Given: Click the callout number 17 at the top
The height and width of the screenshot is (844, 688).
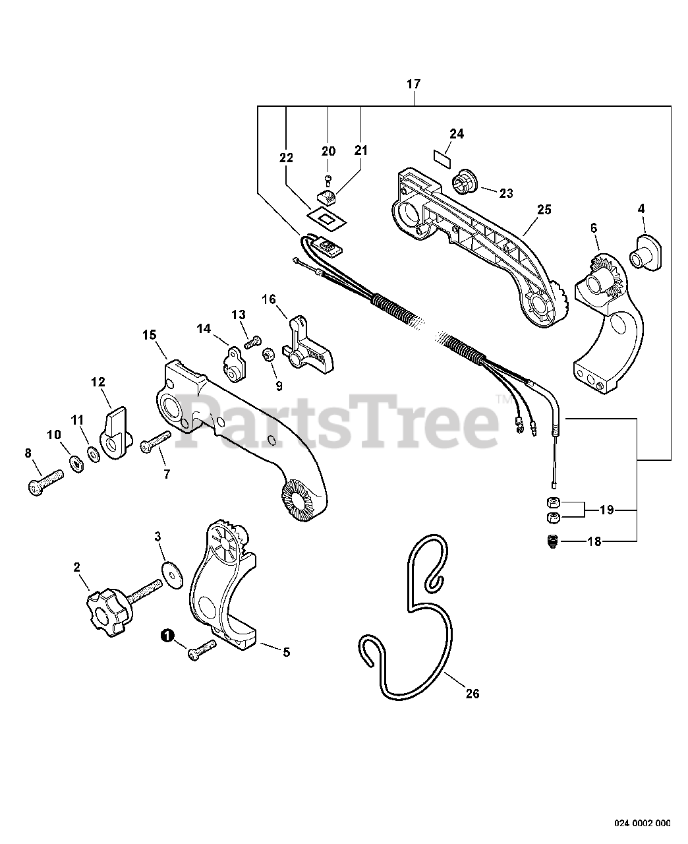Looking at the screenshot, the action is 413,84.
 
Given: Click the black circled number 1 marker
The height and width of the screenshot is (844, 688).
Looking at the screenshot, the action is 167,635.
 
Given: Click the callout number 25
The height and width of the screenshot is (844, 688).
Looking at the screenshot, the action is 544,210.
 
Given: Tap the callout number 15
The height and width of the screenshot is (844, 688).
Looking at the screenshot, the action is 149,335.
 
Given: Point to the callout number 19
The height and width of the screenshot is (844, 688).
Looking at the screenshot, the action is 607,510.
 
